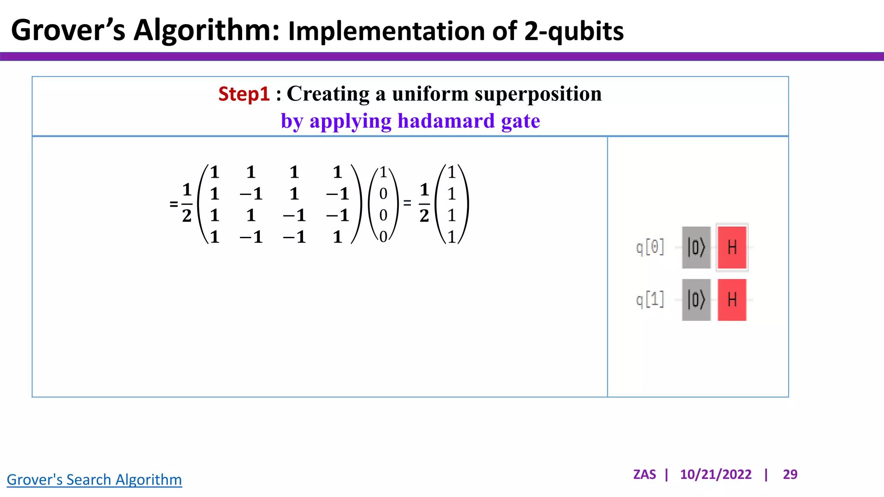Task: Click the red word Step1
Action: click(x=244, y=94)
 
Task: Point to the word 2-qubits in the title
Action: click(x=574, y=31)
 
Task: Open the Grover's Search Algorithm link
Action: click(x=94, y=479)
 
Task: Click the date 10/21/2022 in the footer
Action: click(x=715, y=474)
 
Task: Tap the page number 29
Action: click(x=790, y=474)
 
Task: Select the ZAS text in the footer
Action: click(x=644, y=474)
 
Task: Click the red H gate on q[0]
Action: click(x=732, y=247)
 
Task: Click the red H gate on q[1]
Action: click(x=732, y=299)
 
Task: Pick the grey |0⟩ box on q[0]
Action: click(x=696, y=247)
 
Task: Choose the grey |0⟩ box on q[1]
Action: click(x=696, y=299)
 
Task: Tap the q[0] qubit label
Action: click(x=650, y=248)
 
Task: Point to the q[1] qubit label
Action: click(x=650, y=299)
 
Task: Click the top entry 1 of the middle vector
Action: click(x=383, y=173)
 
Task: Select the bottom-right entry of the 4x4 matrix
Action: click(x=338, y=237)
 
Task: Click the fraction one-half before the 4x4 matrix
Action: click(x=186, y=203)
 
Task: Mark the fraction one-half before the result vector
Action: click(x=424, y=203)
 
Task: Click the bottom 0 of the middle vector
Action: click(x=383, y=236)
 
